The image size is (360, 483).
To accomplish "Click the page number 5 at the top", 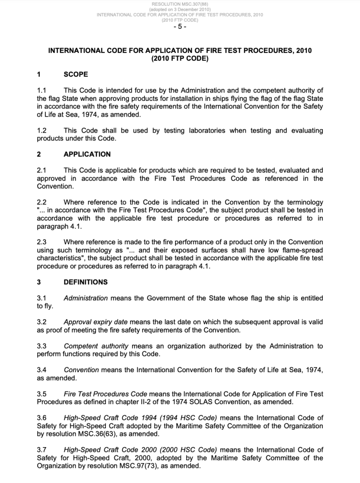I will tap(180, 26).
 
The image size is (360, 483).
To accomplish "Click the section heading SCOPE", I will tap(75, 74).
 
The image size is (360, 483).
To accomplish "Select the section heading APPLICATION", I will tap(87, 154).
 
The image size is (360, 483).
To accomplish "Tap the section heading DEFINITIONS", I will tap(85, 282).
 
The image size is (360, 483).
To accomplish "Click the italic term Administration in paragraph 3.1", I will tap(86, 298).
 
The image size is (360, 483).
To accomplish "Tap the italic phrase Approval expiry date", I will tap(95, 322).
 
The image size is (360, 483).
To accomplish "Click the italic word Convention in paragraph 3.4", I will tap(81, 370).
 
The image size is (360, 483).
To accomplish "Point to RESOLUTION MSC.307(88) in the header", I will tap(180, 4).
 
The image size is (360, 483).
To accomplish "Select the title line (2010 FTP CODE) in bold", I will tap(180, 59).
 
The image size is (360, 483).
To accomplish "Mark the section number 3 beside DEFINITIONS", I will tap(39, 282).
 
